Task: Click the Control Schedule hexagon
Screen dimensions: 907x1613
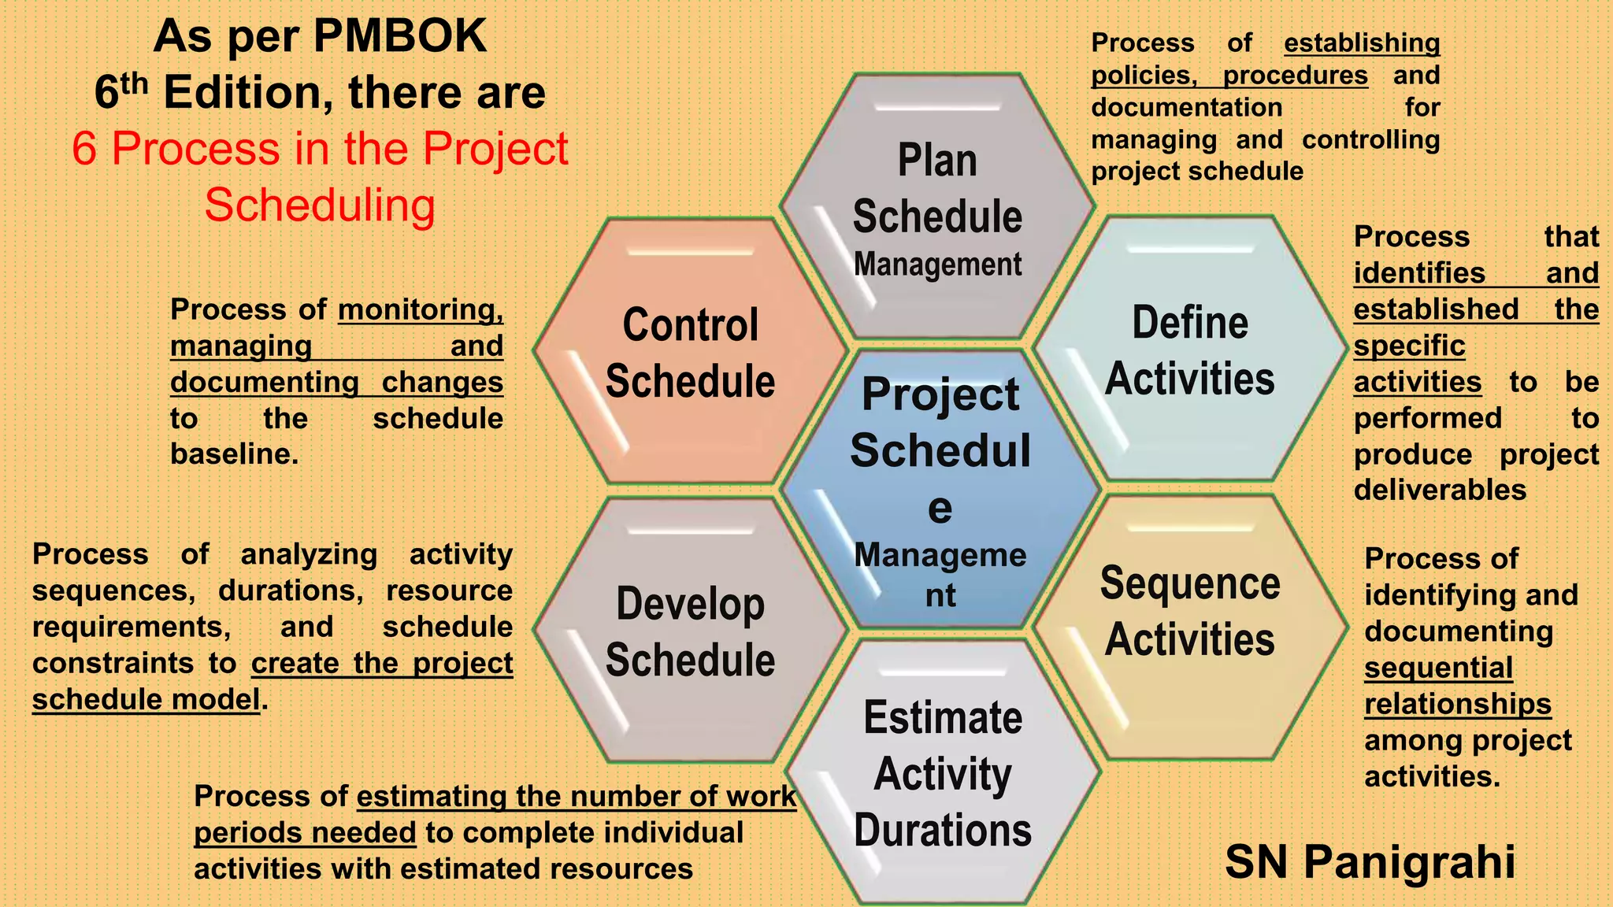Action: [690, 352]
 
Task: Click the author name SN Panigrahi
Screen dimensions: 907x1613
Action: [1370, 861]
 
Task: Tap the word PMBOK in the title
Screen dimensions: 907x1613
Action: [399, 36]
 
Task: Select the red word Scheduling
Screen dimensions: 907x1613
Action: [320, 205]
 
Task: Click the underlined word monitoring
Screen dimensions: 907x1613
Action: [421, 309]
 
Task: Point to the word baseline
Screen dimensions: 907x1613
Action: [234, 454]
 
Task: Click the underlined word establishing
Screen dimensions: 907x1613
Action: [1362, 43]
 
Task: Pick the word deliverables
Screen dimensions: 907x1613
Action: [1440, 491]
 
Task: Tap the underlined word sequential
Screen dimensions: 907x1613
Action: [1438, 668]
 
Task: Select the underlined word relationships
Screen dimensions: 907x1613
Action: [1457, 704]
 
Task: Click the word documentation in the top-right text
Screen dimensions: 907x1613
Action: [1186, 107]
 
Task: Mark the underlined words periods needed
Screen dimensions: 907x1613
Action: [305, 832]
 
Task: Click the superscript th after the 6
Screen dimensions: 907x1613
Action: [135, 83]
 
